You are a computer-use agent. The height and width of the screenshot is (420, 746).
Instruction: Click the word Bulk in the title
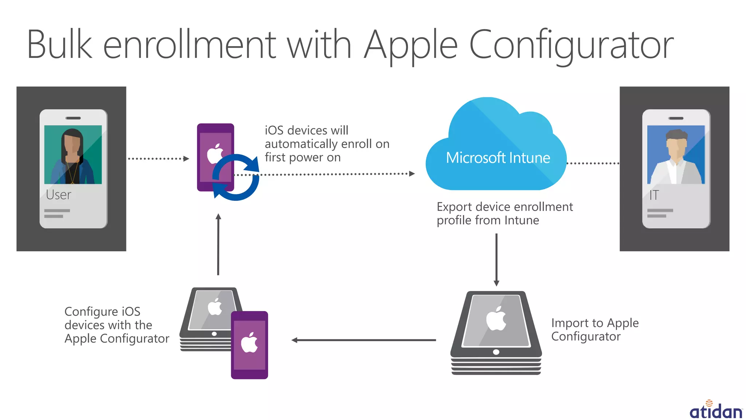tap(60, 44)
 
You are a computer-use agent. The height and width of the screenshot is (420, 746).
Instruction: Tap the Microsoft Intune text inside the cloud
tap(498, 158)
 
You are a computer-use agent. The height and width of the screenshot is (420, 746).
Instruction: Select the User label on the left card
tap(59, 195)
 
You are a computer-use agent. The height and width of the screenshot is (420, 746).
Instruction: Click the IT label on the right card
tap(654, 195)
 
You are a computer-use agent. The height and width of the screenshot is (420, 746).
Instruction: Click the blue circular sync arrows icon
tap(236, 177)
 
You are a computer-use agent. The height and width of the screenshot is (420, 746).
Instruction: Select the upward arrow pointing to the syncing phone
tap(218, 244)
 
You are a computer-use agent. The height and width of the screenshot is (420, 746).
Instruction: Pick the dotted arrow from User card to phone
tap(158, 159)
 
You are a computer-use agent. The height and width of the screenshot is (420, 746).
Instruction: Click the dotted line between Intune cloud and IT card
tap(593, 163)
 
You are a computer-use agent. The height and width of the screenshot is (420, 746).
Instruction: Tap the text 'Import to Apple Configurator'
tap(594, 330)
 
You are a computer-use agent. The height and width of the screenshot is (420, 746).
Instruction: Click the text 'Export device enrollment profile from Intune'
tap(504, 214)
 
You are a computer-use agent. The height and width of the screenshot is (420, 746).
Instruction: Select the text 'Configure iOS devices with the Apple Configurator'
tap(116, 325)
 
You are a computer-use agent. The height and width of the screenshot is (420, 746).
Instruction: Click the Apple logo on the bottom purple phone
tap(250, 342)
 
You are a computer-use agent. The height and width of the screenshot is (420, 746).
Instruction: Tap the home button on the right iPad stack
tap(496, 352)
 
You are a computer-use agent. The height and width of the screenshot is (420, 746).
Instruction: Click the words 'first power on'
tap(303, 157)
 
